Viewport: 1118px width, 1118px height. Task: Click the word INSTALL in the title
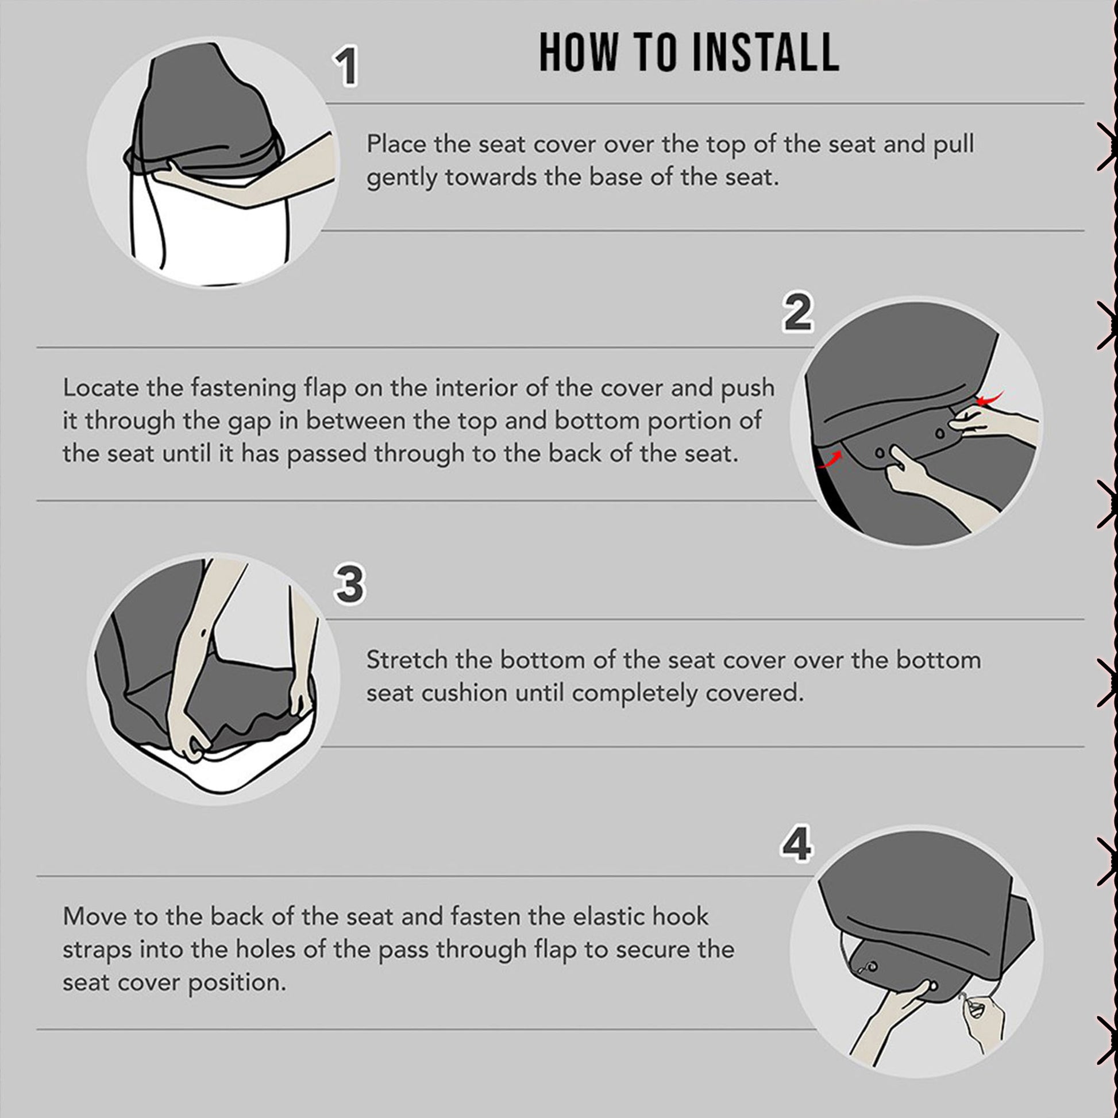pyautogui.click(x=765, y=53)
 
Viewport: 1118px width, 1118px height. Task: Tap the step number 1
pyautogui.click(x=346, y=67)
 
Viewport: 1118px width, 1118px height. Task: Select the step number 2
pyautogui.click(x=798, y=313)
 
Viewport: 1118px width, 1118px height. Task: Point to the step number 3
pyautogui.click(x=349, y=584)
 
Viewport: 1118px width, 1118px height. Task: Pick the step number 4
pyautogui.click(x=797, y=845)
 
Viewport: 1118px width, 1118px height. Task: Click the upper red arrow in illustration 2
pyautogui.click(x=990, y=398)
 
